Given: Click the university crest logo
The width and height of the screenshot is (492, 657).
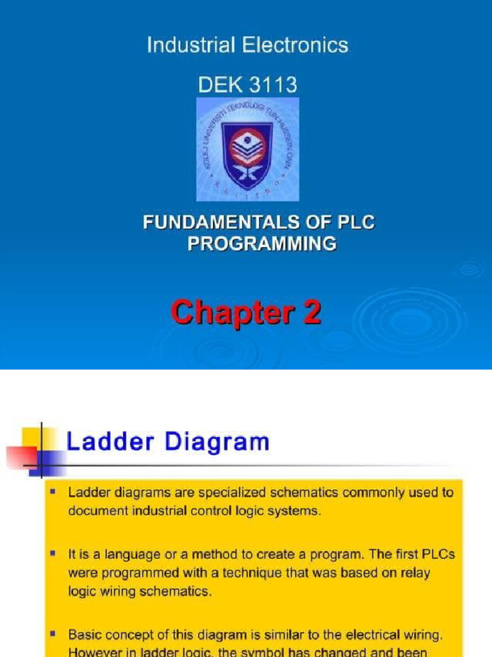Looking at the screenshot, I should (x=247, y=149).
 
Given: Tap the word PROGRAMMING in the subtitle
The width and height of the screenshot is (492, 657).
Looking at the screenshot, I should (x=261, y=244).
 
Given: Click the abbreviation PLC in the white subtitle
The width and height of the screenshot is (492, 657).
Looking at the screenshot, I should (x=354, y=223).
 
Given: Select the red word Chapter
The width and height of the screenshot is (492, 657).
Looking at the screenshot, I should (x=227, y=314).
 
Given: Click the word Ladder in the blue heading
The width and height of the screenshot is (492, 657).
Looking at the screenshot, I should (x=107, y=443).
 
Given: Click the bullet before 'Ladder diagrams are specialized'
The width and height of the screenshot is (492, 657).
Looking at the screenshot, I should (x=53, y=493).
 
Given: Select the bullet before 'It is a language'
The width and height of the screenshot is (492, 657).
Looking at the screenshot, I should (x=53, y=552).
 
